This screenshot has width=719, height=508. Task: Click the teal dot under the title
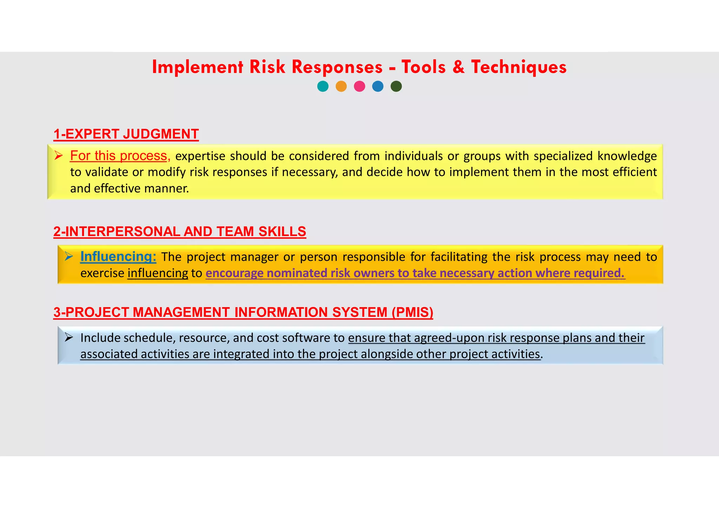tap(323, 86)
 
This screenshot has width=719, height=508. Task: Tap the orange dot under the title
tap(341, 86)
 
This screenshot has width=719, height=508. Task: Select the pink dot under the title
tap(359, 86)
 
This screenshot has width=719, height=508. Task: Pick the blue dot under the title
tap(378, 86)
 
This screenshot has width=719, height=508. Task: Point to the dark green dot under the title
tap(396, 86)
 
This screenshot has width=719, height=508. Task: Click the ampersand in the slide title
tap(459, 67)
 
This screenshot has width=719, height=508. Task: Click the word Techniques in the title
tap(519, 67)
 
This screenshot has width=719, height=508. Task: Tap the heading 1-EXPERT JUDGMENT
tap(126, 134)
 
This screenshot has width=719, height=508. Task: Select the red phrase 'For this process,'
tap(120, 156)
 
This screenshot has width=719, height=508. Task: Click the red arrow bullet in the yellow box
tap(58, 155)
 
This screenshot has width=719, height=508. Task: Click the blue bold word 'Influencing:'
tap(118, 257)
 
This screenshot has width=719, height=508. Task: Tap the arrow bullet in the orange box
tap(68, 256)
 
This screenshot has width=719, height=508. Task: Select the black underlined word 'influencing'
tap(158, 273)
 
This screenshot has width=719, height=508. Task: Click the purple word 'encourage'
tap(234, 273)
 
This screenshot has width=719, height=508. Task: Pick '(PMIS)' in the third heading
tap(412, 312)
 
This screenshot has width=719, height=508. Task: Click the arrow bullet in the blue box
tap(68, 337)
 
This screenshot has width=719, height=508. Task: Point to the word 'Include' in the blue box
tap(100, 338)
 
